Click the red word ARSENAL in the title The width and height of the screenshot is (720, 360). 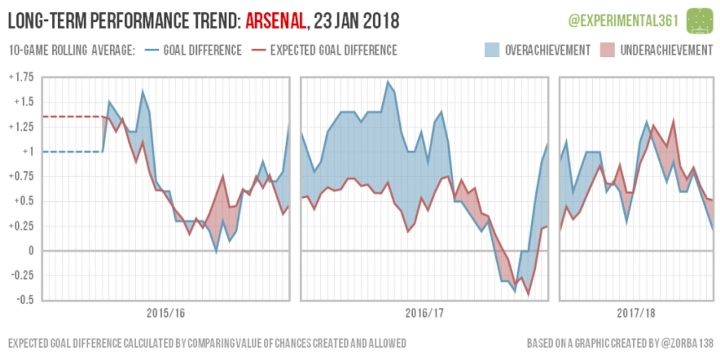275,21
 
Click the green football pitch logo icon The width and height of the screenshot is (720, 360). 700,20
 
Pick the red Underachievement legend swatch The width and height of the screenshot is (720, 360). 607,50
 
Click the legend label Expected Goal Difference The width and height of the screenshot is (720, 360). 333,50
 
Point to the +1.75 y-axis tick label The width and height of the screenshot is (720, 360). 21,77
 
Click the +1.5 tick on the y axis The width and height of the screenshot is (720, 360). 22,102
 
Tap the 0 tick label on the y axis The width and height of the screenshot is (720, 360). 30,251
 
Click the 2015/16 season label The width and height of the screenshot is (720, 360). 166,313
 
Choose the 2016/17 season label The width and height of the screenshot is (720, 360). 425,313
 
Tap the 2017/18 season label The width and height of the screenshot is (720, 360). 636,313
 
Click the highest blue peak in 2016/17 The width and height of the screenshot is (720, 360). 388,82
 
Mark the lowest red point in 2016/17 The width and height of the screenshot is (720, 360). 529,295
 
